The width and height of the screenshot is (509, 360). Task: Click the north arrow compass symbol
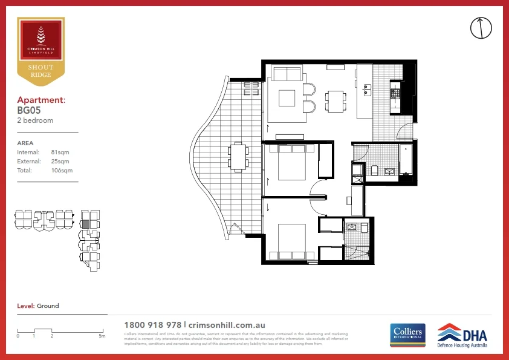pos(481,27)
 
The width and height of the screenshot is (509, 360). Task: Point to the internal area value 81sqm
pos(59,152)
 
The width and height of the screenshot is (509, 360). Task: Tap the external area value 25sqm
pos(59,162)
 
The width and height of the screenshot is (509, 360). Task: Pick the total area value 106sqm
pos(61,171)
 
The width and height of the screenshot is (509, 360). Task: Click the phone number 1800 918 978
pos(152,325)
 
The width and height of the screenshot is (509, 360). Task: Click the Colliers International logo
pos(407,335)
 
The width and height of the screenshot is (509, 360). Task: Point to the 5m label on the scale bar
pos(102,336)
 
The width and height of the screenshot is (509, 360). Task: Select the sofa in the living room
pos(287,74)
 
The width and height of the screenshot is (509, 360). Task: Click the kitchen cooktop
pos(395,94)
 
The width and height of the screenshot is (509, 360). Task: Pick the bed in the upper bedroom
pos(292,161)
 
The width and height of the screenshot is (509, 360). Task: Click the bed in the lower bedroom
pos(292,241)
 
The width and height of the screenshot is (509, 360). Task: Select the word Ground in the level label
pos(48,306)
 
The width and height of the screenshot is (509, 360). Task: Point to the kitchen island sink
pos(366,91)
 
